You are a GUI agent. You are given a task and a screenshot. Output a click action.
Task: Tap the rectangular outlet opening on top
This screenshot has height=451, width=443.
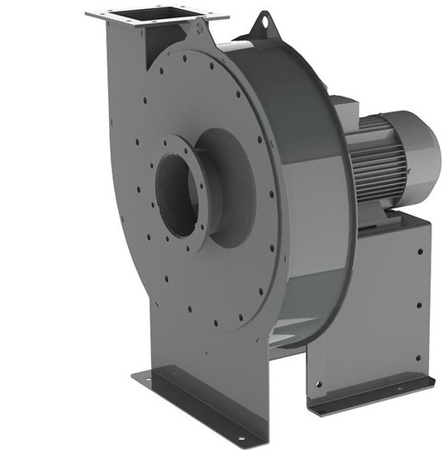(x=156, y=14)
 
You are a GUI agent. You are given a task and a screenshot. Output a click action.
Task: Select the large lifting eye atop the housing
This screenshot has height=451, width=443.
(x=264, y=21)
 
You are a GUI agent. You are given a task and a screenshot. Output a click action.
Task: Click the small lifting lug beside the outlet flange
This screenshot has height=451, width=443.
(x=197, y=26)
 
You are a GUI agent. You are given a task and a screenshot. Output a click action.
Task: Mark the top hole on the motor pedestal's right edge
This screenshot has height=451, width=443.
(x=418, y=249)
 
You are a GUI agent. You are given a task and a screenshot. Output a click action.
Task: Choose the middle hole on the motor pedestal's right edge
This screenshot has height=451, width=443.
(x=419, y=302)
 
